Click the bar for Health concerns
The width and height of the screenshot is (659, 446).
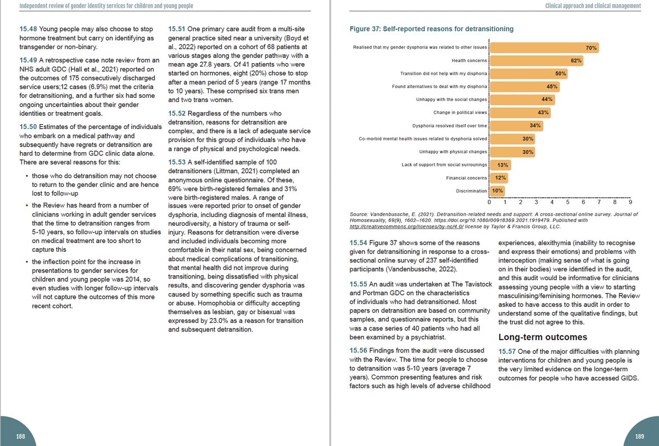[535, 60]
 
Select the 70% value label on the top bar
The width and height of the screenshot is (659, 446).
[591, 48]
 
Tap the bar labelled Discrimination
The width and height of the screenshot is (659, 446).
[496, 191]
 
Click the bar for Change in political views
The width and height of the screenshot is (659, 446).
[520, 113]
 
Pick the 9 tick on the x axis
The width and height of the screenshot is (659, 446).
[630, 203]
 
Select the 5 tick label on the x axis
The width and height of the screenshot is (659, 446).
[567, 203]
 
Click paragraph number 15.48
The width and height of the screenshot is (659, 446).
[28, 29]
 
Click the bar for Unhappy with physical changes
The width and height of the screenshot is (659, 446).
[512, 152]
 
